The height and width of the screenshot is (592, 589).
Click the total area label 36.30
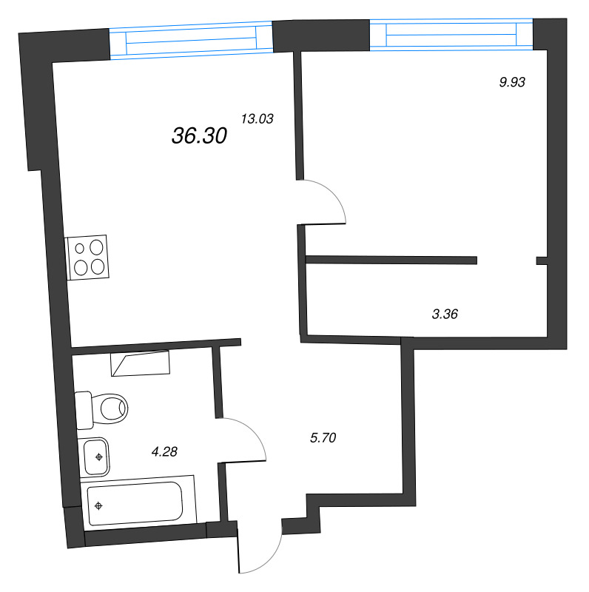(x=199, y=135)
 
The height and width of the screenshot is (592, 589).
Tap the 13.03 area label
(x=258, y=118)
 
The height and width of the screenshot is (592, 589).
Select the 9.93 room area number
(x=511, y=83)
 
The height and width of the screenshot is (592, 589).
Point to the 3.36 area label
(x=445, y=314)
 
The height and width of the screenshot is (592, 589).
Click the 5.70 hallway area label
(x=323, y=438)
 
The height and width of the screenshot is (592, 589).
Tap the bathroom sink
(x=95, y=456)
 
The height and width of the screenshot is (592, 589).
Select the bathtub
(x=134, y=503)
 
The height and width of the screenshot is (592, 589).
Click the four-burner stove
(x=88, y=257)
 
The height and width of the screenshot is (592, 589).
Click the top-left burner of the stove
(x=80, y=249)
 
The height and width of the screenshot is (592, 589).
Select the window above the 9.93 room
(x=451, y=34)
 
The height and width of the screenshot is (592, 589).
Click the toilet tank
(x=83, y=409)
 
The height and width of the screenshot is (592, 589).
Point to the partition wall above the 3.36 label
(x=391, y=260)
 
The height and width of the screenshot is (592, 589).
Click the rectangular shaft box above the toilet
(x=140, y=363)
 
